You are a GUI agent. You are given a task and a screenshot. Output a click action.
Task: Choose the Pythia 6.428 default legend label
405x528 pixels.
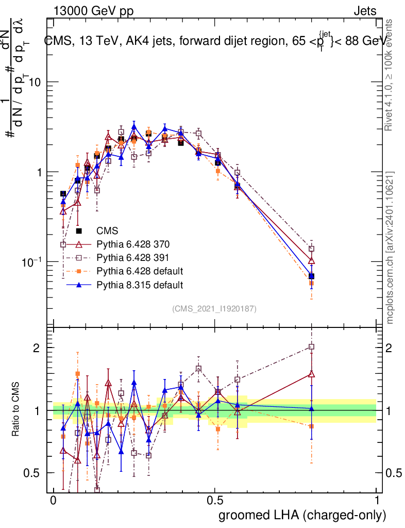[x=140, y=271]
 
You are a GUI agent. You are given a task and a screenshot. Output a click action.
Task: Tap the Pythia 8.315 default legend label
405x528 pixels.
[x=140, y=284]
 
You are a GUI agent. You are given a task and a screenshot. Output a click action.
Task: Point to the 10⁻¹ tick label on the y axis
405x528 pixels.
[x=32, y=262]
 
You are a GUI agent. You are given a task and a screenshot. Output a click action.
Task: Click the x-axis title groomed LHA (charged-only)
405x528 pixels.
[x=303, y=515]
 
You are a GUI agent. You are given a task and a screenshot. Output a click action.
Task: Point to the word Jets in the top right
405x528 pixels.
[x=365, y=11]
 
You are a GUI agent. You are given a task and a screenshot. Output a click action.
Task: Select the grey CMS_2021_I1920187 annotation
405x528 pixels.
[x=214, y=308]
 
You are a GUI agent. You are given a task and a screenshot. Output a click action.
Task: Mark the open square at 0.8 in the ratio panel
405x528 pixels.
[x=311, y=346]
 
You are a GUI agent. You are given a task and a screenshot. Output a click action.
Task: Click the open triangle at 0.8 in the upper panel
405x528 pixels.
[x=311, y=260]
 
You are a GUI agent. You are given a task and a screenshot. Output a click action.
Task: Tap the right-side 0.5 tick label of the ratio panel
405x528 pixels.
[x=393, y=473]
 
